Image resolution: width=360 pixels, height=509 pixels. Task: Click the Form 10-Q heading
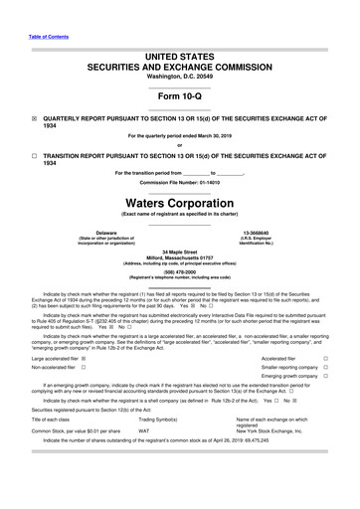tap(179, 96)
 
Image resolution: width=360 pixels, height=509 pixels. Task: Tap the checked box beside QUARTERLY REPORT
tap(35, 116)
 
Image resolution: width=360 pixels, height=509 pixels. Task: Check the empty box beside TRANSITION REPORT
tap(35, 156)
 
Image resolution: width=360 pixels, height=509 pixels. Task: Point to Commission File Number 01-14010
tap(179, 183)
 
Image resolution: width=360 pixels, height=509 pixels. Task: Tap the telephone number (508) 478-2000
tap(179, 272)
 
